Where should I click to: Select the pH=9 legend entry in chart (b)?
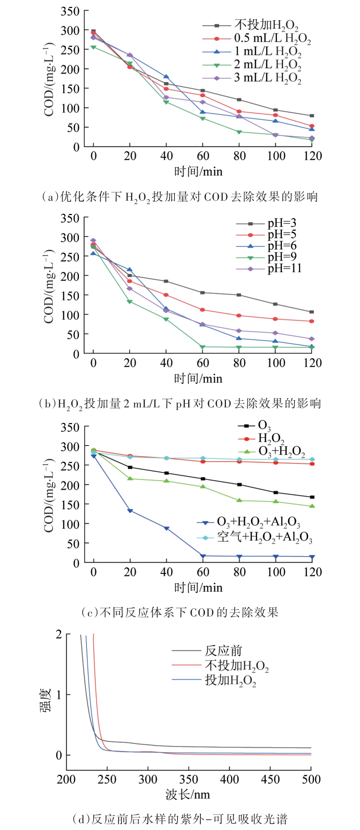coord(282,257)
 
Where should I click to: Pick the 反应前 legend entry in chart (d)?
coord(223,651)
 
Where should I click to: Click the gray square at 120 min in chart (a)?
coord(312,116)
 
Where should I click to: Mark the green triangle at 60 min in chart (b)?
coord(203,347)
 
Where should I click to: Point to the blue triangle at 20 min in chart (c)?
coord(130,511)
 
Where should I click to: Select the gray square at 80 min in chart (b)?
coord(239,295)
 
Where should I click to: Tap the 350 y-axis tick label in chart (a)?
coord(70,11)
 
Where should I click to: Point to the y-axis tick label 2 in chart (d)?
coord(59,634)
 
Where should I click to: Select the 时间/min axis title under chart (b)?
coord(198,378)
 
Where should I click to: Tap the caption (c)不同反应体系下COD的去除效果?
coord(180,612)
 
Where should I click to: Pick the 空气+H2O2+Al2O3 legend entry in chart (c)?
coord(264,537)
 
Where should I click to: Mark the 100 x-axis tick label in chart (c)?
coord(276,572)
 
